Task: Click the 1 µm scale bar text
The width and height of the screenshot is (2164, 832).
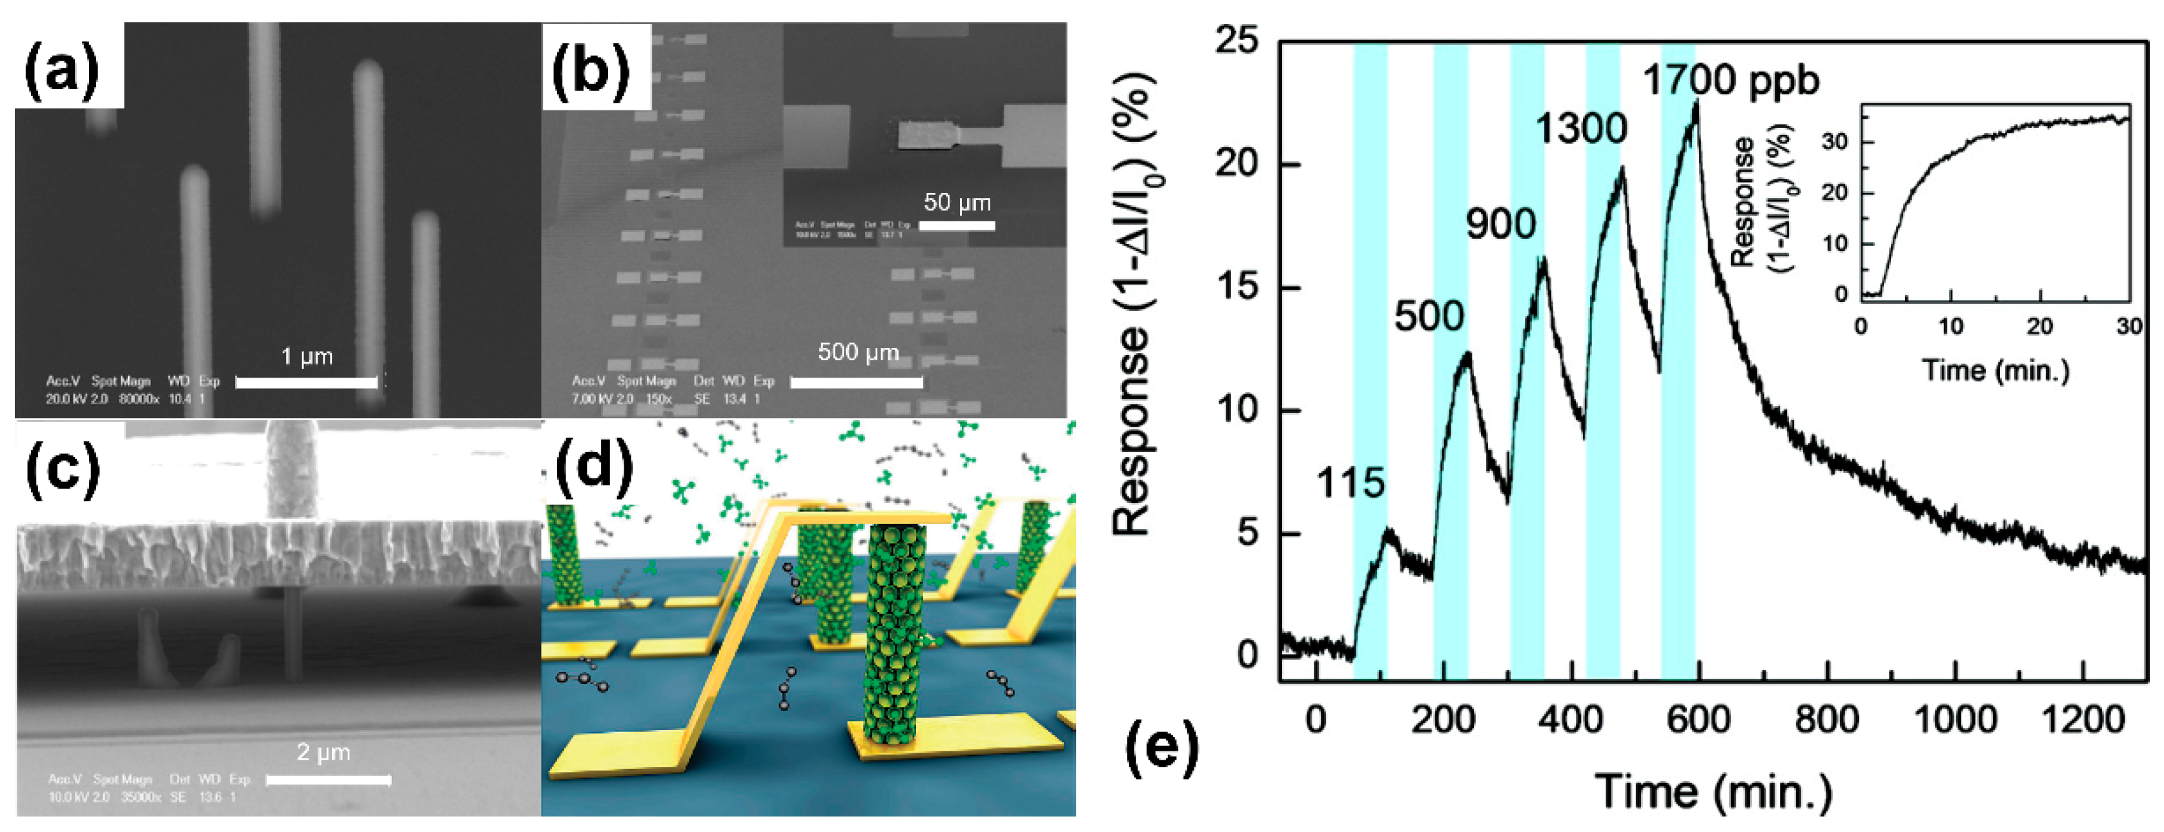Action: [307, 357]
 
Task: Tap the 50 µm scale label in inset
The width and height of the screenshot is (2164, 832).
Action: [957, 202]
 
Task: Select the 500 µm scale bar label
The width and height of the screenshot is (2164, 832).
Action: [858, 352]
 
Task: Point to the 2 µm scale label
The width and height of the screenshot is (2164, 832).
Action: [323, 752]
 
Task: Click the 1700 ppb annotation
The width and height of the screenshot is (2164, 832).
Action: [1731, 81]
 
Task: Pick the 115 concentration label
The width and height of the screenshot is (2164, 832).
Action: [1349, 483]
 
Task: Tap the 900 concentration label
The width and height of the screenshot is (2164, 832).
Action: [1500, 224]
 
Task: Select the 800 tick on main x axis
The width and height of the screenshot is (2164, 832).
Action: [1826, 720]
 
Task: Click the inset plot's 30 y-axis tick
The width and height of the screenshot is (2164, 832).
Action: [1835, 142]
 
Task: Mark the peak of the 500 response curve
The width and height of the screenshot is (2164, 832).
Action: [1467, 354]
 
